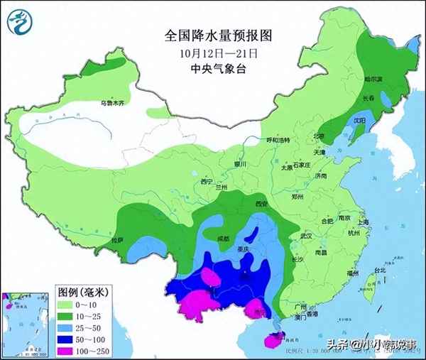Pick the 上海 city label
point(364,222)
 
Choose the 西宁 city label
point(207,182)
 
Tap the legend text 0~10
point(93,303)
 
